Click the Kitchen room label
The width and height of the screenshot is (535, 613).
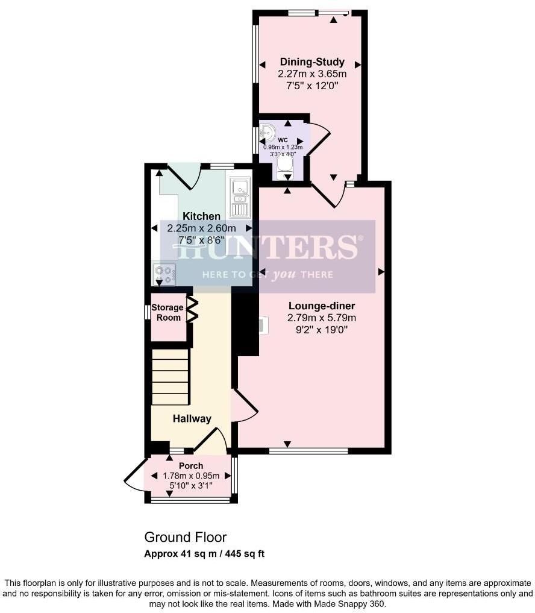coord(201,216)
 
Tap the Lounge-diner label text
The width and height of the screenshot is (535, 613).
coord(321,306)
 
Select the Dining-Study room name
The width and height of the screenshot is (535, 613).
coord(312,62)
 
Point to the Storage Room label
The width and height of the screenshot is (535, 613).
coord(167,312)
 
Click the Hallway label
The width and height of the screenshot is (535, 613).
coord(192,418)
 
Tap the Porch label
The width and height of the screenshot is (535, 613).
coord(191,465)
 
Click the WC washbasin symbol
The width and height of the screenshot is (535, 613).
coord(267,130)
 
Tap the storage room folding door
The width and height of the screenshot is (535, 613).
coord(193,310)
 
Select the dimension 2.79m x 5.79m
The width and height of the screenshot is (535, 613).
coord(321,318)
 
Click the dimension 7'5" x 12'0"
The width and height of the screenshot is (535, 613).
coord(312,86)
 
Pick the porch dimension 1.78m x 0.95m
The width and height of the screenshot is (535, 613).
coord(191,476)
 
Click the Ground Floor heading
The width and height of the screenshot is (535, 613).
coord(185,537)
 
